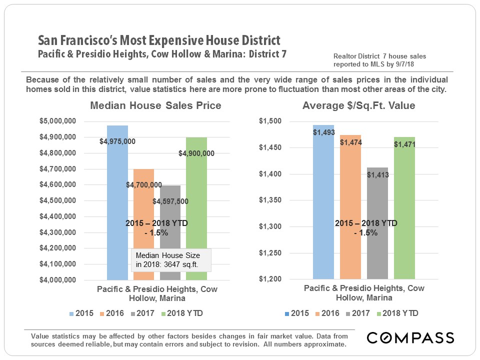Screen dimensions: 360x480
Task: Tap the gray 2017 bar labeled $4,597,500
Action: coord(170,235)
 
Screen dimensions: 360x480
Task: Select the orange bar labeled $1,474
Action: coord(350,210)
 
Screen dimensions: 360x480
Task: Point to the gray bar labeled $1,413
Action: coord(377,225)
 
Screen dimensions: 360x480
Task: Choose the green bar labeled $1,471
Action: coord(404,210)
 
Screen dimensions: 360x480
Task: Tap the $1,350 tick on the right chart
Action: coord(270,200)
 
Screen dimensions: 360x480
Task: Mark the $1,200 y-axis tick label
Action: coord(270,279)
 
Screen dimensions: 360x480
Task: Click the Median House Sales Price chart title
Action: coord(155,106)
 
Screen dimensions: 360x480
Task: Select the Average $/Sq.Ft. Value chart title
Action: coord(358,106)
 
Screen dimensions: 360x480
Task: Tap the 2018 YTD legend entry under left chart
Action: coord(185,313)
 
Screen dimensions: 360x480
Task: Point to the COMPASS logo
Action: coord(410,338)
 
